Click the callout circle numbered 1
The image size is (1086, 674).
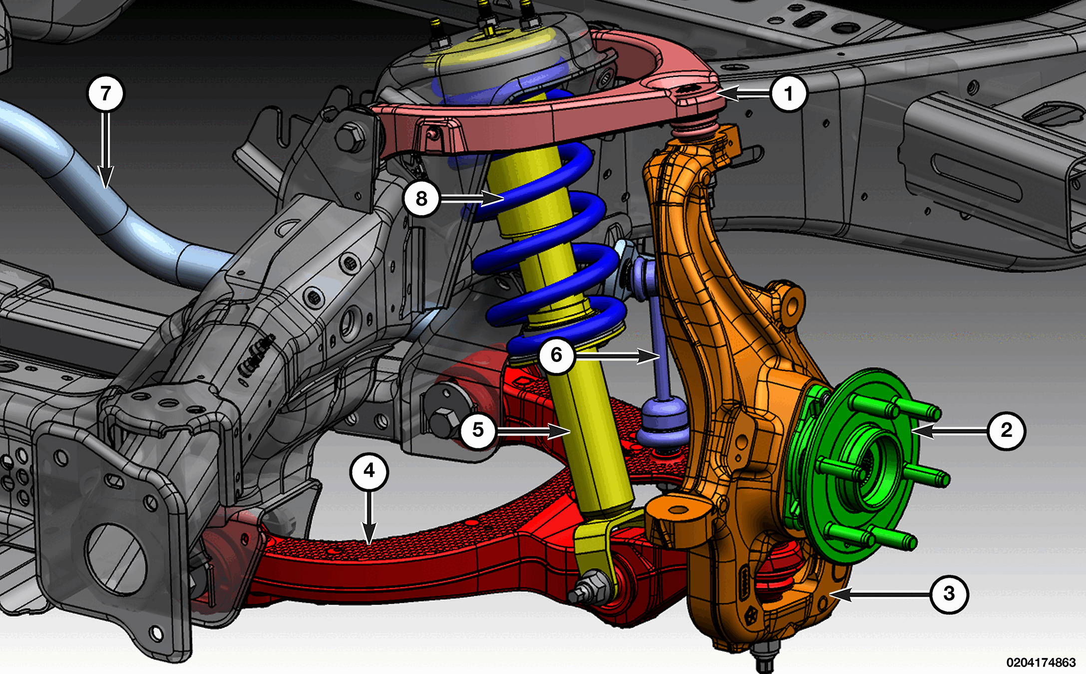[x=788, y=93]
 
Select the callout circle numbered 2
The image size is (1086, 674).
[x=1007, y=430]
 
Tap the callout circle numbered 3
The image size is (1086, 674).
[x=949, y=594]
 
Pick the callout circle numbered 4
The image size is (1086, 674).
[x=369, y=471]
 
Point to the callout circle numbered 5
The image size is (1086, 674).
[x=478, y=430]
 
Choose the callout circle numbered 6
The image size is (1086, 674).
[x=556, y=355]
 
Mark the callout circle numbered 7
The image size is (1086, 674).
[x=105, y=93]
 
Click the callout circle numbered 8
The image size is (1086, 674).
[x=421, y=199]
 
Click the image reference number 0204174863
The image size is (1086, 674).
[x=1041, y=663]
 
